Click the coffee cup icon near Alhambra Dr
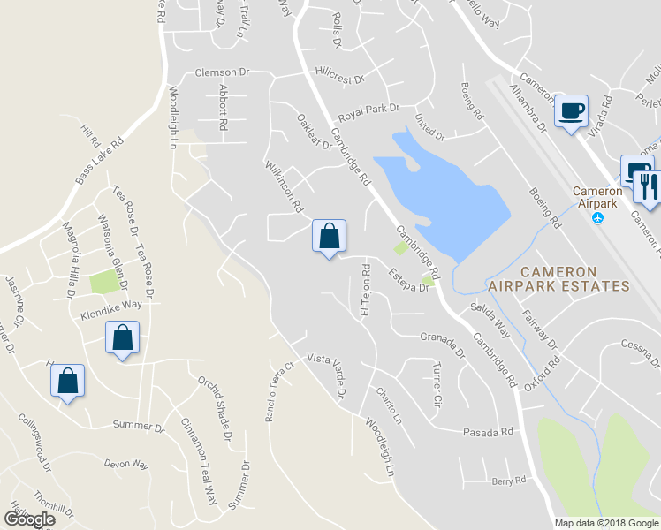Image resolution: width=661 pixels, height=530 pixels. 570,111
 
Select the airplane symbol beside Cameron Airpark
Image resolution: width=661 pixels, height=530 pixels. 600,217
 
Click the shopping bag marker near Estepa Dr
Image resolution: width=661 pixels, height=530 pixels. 329,236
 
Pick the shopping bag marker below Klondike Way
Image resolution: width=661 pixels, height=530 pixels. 122,337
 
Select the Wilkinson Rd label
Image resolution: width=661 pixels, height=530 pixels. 285,186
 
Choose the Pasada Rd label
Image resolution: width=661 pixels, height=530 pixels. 488,432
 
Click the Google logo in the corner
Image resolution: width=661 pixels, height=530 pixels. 29,519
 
